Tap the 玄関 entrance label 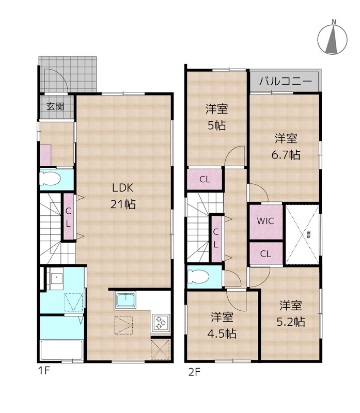[x=55, y=107]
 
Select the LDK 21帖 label [x=122, y=196]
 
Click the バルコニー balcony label [x=285, y=81]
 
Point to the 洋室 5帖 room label [x=217, y=117]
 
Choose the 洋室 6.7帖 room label [x=286, y=146]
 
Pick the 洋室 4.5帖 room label [x=223, y=325]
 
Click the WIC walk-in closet [x=265, y=221]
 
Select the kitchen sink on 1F [x=126, y=300]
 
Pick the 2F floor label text [x=194, y=370]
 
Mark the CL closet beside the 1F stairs [x=68, y=216]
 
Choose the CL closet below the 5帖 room [x=205, y=180]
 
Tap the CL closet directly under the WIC [x=265, y=253]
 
